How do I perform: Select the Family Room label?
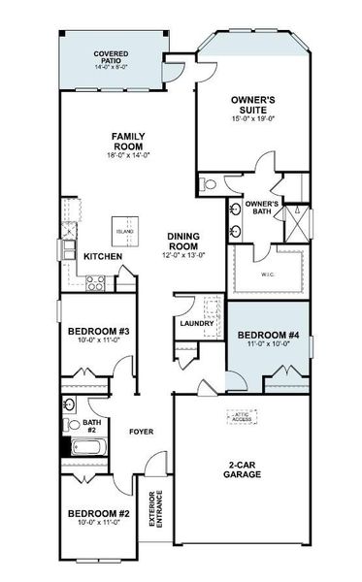coord(128,142)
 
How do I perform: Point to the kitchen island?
coord(124,229)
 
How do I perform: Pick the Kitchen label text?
coord(102,257)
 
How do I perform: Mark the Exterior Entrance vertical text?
coord(155,509)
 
